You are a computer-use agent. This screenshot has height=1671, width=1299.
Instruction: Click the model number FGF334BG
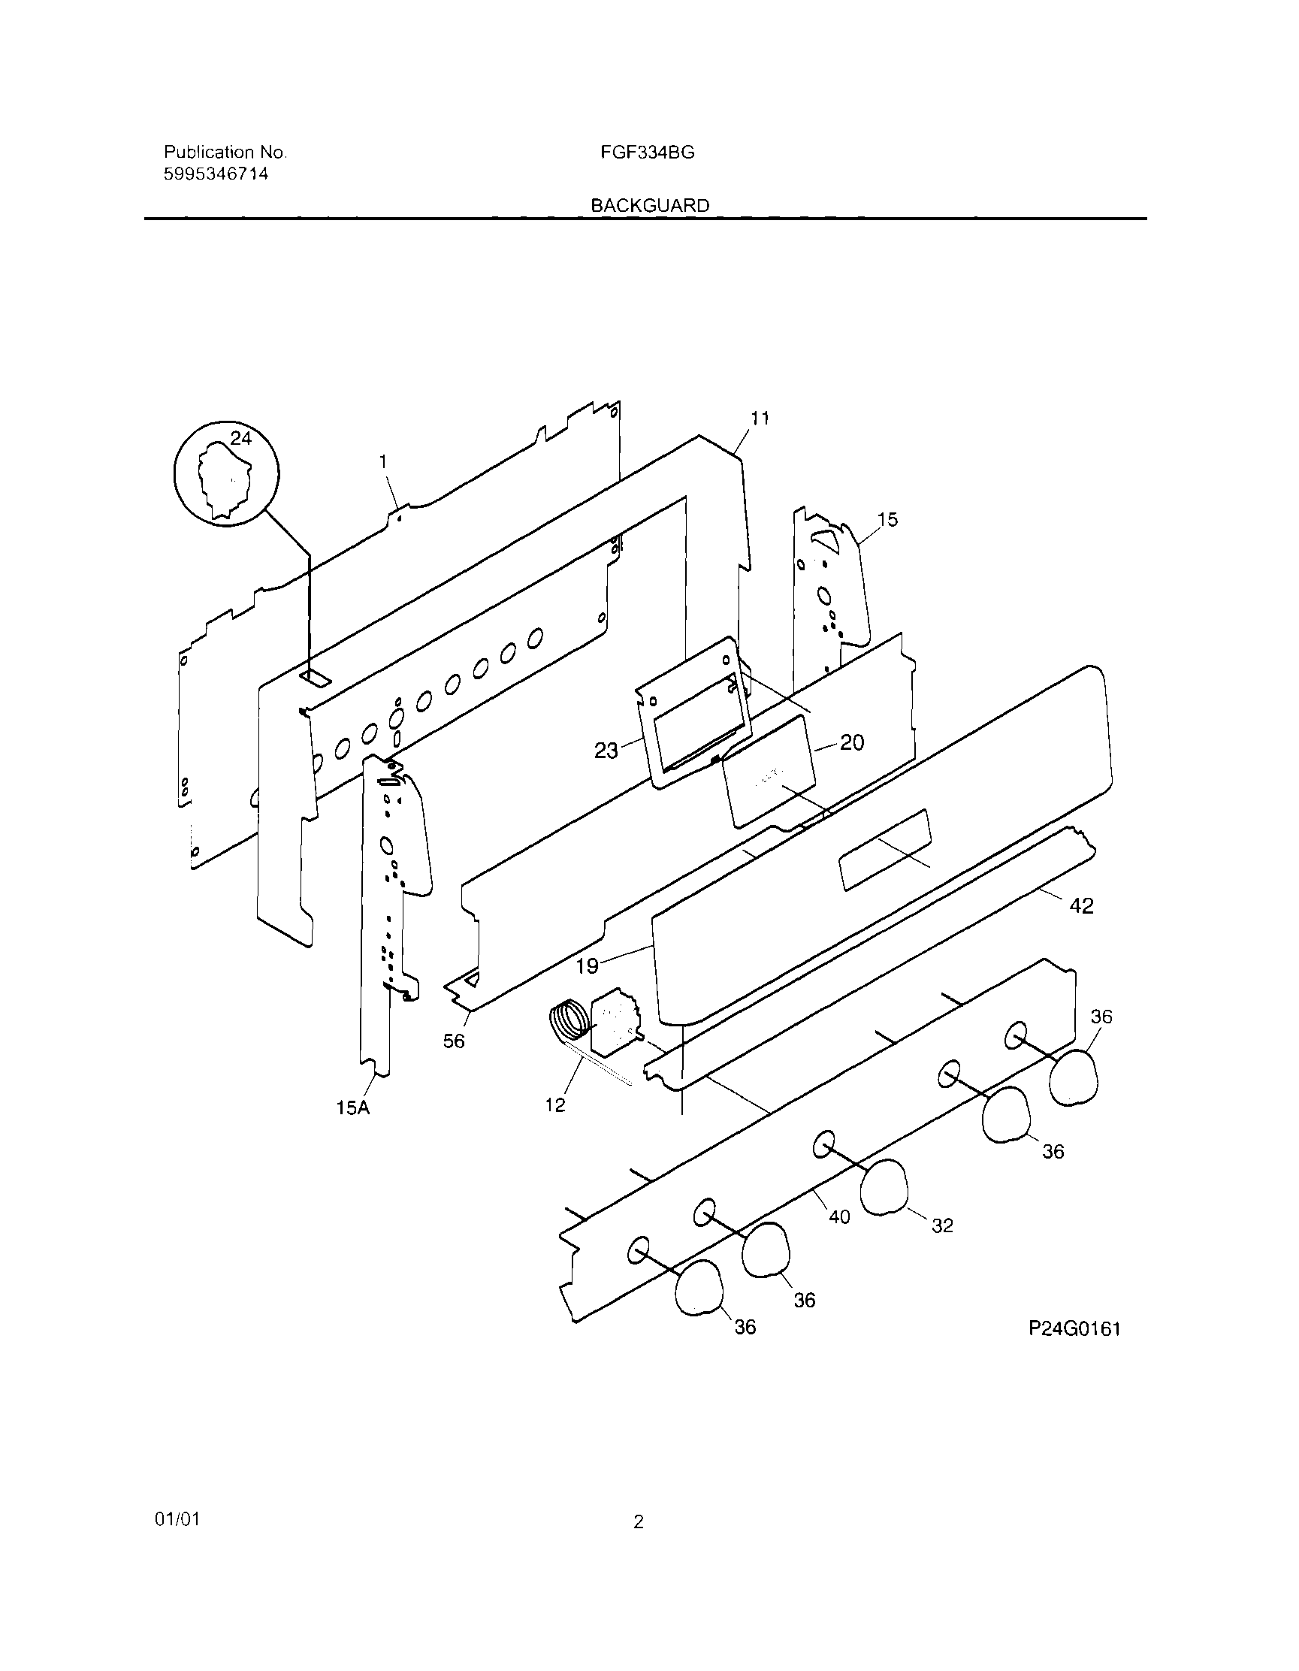click(647, 153)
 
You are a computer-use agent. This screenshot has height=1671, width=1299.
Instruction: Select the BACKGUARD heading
click(649, 206)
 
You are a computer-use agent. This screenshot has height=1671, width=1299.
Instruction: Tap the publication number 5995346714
click(216, 174)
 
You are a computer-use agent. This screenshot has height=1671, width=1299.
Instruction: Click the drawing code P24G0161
click(1074, 1329)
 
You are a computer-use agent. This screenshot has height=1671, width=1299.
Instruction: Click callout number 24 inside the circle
click(240, 438)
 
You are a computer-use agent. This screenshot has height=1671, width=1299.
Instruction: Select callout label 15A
click(352, 1107)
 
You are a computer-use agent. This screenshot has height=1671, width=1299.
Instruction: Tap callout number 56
click(454, 1041)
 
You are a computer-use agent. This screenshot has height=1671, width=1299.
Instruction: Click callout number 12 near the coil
click(555, 1104)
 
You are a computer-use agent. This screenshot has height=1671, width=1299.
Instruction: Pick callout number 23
click(606, 751)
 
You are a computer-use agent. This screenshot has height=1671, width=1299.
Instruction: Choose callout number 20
click(852, 742)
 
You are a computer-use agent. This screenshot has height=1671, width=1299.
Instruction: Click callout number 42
click(1081, 906)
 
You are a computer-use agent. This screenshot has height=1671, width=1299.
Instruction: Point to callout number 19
click(587, 966)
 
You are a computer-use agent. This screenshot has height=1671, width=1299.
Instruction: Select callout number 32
click(942, 1225)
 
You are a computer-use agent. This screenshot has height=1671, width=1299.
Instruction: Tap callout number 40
click(839, 1216)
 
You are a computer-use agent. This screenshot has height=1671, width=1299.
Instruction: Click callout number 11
click(760, 419)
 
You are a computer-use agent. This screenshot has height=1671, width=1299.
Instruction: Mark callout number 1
click(382, 461)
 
